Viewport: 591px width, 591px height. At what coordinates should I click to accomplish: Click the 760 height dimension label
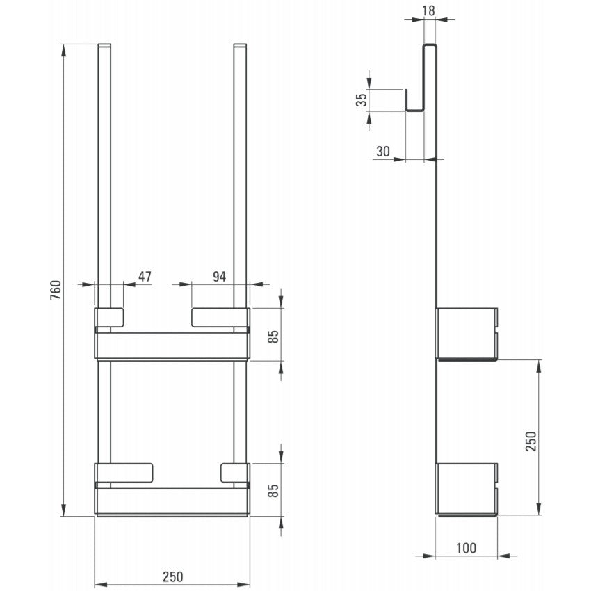[x=56, y=289]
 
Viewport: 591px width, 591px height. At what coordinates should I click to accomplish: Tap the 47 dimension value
[x=145, y=277]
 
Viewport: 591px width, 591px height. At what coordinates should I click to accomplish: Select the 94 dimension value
[x=219, y=277]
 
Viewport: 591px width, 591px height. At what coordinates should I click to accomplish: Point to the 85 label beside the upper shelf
[x=273, y=336]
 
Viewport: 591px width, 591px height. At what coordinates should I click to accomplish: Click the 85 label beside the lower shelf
[x=273, y=491]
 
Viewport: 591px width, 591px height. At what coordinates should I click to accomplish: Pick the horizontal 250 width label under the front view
[x=172, y=576]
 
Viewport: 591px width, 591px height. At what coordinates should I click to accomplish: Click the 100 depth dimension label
[x=467, y=548]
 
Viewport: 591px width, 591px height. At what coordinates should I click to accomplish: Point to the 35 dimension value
[x=361, y=99]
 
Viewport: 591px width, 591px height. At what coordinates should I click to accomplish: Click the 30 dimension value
[x=383, y=151]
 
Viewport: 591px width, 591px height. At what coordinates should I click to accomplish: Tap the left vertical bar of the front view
[x=104, y=174]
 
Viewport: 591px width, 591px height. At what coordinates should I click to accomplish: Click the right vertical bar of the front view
[x=240, y=174]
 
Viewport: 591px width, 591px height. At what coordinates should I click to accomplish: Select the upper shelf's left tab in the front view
[x=109, y=317]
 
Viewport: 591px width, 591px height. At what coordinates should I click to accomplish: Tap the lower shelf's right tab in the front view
[x=233, y=471]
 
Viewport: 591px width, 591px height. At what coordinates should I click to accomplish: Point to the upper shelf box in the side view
[x=467, y=332]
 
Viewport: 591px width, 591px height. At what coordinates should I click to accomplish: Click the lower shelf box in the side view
[x=467, y=487]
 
